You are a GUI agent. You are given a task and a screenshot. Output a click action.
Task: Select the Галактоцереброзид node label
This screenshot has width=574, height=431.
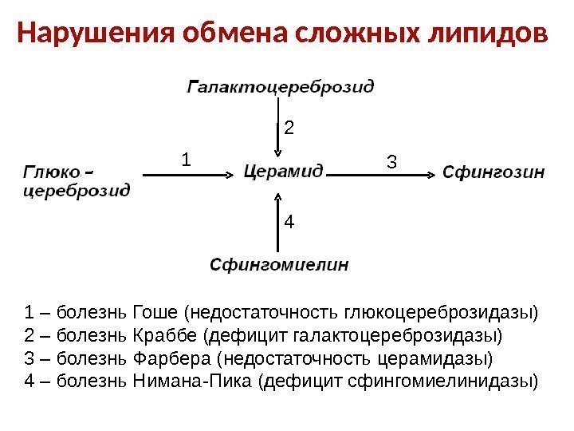click(x=281, y=85)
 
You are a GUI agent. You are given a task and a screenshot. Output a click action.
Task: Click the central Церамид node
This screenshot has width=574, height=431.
click(x=282, y=171)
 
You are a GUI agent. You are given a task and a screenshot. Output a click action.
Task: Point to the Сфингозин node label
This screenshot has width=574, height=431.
click(x=493, y=171)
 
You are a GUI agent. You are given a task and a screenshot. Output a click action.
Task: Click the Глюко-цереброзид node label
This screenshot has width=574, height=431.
click(x=76, y=180)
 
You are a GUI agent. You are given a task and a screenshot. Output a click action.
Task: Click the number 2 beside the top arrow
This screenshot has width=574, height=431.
click(x=289, y=128)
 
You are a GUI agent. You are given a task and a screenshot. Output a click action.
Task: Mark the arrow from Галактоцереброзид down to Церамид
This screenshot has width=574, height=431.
click(x=277, y=128)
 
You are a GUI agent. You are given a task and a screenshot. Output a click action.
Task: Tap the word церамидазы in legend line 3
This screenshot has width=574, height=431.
click(x=445, y=357)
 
